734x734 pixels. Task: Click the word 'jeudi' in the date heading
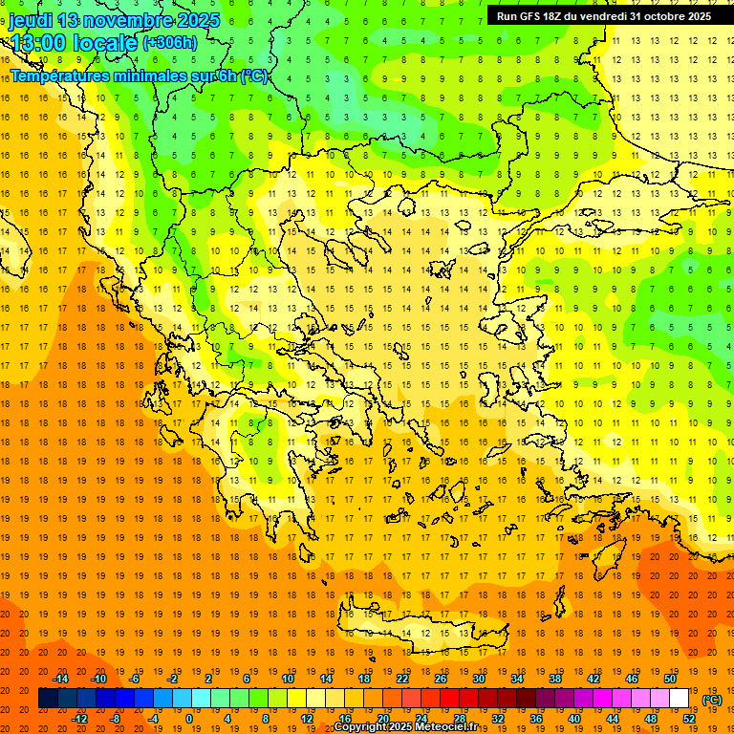[31, 20]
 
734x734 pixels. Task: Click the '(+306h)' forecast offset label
[170, 43]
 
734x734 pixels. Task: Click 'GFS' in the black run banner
[537, 16]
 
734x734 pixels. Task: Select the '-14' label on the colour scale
[60, 679]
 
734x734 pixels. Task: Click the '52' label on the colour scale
[689, 718]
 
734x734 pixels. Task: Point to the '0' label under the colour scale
[189, 718]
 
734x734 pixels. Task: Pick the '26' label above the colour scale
[441, 679]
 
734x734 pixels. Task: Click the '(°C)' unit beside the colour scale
[712, 699]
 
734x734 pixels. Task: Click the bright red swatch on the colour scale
[450, 699]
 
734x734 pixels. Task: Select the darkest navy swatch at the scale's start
[48, 699]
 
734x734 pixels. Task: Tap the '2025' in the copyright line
[397, 727]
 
